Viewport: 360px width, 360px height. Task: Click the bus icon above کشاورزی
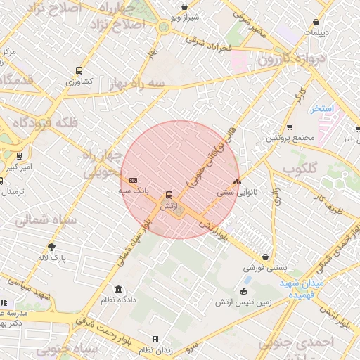[x=79, y=70]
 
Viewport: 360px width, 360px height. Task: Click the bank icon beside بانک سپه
[x=134, y=180]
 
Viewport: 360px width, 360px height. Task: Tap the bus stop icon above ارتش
[x=168, y=195]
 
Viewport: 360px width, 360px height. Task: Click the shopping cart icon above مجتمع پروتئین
[x=290, y=127]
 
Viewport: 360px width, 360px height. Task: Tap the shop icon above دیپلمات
[x=316, y=22]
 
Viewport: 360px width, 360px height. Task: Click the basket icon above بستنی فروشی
[x=265, y=257]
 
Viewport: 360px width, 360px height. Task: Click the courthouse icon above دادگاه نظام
[x=117, y=289]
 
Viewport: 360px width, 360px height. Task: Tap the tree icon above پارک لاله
[x=51, y=247]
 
